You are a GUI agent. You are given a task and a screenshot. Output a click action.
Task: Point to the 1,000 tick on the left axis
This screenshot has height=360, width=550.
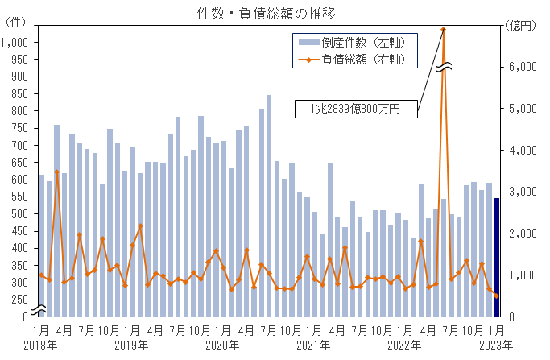[x=15, y=42]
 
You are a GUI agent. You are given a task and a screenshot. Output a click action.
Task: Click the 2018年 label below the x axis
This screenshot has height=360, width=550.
[x=39, y=346]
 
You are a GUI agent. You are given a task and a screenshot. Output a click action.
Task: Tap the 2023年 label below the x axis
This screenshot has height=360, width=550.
[x=496, y=346]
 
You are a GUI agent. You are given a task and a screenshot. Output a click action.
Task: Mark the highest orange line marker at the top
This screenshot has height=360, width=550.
[x=444, y=30]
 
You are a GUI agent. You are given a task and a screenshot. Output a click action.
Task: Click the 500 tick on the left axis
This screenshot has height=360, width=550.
[x=19, y=213]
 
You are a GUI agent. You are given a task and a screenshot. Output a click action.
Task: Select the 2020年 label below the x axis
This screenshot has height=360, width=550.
[x=222, y=346]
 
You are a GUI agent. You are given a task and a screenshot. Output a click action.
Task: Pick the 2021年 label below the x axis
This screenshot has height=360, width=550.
[x=314, y=346]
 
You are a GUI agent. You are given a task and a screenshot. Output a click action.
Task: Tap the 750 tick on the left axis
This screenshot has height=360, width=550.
[x=19, y=128]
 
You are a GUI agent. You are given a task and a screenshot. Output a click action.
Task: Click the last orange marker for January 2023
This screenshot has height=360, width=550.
[x=497, y=296]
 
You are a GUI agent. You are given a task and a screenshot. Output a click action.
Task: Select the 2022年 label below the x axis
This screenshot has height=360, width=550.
[x=405, y=346]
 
